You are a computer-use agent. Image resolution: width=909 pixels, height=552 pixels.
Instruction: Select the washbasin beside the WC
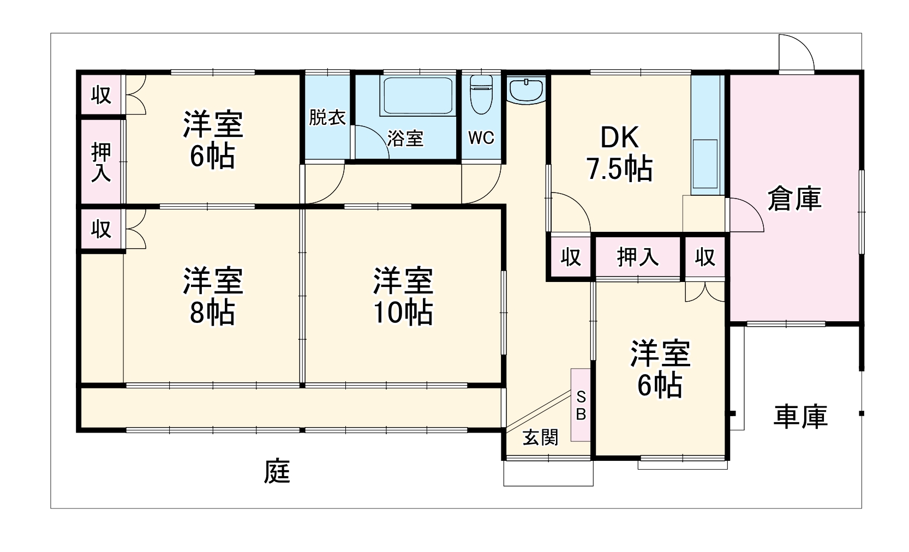(525, 89)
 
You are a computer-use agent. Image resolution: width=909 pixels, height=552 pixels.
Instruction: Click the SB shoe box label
(581, 405)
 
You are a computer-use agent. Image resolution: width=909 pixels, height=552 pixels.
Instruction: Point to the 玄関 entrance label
(540, 437)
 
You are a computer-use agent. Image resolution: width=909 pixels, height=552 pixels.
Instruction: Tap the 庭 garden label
(277, 471)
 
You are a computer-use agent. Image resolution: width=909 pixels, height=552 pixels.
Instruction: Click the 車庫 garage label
(800, 416)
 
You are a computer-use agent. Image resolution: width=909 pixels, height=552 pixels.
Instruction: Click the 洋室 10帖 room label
(403, 296)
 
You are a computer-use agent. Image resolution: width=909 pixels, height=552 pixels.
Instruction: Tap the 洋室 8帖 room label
(212, 296)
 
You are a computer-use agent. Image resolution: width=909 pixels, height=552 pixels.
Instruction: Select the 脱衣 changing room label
(327, 117)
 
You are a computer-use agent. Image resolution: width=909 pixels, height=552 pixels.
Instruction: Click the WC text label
(481, 138)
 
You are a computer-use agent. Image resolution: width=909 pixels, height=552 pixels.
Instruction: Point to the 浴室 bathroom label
(405, 139)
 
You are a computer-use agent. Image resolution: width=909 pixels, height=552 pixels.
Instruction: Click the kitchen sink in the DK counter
(705, 164)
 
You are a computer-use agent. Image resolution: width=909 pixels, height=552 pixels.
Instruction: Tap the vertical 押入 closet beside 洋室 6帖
(101, 162)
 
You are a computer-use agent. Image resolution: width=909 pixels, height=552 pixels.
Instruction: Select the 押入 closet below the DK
(637, 257)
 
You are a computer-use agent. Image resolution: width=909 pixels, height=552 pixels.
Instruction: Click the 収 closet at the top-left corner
(101, 95)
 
